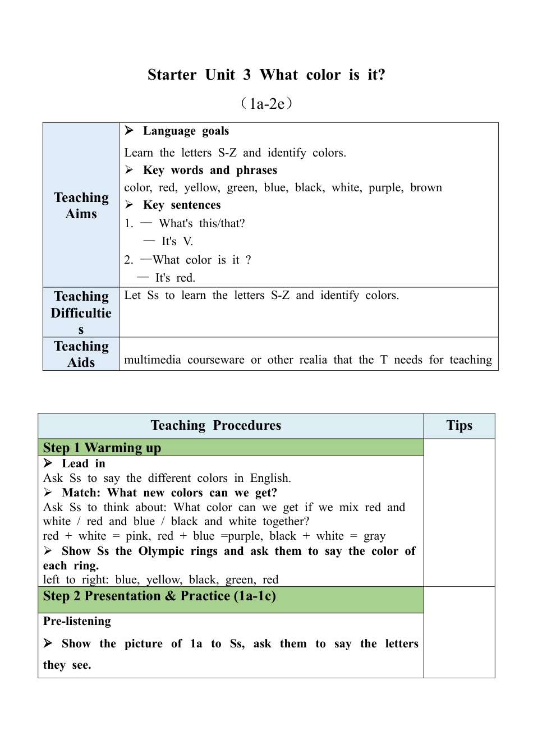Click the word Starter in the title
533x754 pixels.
[x=172, y=75]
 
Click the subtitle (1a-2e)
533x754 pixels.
[x=266, y=104]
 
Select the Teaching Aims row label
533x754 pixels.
[x=81, y=205]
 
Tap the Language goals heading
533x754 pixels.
[x=186, y=131]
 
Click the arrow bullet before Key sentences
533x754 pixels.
[x=129, y=205]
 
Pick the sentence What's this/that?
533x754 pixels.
[x=201, y=223]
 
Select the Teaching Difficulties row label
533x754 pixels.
[x=81, y=312]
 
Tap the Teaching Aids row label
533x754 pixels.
[x=81, y=354]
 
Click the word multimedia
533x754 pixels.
[x=153, y=360]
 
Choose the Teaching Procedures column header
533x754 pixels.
[x=216, y=425]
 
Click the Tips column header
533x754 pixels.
[x=459, y=425]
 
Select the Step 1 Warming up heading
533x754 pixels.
[x=102, y=448]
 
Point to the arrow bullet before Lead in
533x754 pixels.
[x=48, y=463]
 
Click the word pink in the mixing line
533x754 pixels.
[x=137, y=536]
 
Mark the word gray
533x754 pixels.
[x=374, y=536]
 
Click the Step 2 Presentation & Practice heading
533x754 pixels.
[x=159, y=596]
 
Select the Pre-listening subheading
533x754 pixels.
[x=77, y=621]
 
